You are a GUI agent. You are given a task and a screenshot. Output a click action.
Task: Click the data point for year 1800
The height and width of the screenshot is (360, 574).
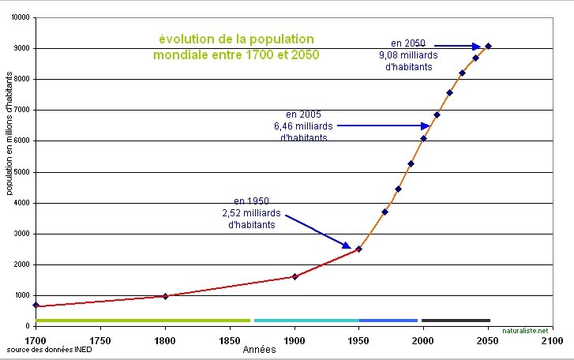coord(165,296)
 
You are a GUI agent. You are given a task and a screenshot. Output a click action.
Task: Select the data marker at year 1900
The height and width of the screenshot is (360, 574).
coord(295,276)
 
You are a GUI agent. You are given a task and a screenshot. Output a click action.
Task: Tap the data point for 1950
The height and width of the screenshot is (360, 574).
coord(358,249)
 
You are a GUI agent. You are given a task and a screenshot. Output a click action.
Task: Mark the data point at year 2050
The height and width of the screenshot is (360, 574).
coord(488,46)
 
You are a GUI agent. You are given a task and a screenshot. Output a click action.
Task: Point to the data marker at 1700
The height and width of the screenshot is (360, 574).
coord(36,305)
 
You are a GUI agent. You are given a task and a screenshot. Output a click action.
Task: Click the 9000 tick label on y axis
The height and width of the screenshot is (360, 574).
coord(21,48)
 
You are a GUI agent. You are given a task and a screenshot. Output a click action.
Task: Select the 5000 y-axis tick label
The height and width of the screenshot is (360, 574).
coord(21,172)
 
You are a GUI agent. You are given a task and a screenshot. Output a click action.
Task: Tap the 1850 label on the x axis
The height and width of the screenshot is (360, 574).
coord(230,340)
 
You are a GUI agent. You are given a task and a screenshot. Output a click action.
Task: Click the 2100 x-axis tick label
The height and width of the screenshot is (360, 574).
coord(553,340)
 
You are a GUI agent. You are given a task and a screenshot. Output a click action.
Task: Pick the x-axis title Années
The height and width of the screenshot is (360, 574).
coord(259,349)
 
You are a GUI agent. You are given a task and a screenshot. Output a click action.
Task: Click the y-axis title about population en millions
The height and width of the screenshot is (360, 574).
coord(9,134)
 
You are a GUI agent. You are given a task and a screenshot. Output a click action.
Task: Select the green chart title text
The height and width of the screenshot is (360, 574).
coord(237,47)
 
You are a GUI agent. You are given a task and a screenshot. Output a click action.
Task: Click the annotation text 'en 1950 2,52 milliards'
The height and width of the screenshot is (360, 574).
coord(252,212)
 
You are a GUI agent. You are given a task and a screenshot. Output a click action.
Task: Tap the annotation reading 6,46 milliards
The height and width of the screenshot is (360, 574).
coord(304,126)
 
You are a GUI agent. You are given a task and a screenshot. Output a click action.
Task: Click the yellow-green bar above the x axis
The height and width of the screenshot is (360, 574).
coord(142,320)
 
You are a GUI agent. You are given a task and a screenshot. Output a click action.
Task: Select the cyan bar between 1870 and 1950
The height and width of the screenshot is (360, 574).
coord(306,320)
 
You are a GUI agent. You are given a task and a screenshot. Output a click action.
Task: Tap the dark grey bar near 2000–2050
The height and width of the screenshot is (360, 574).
coord(456,320)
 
